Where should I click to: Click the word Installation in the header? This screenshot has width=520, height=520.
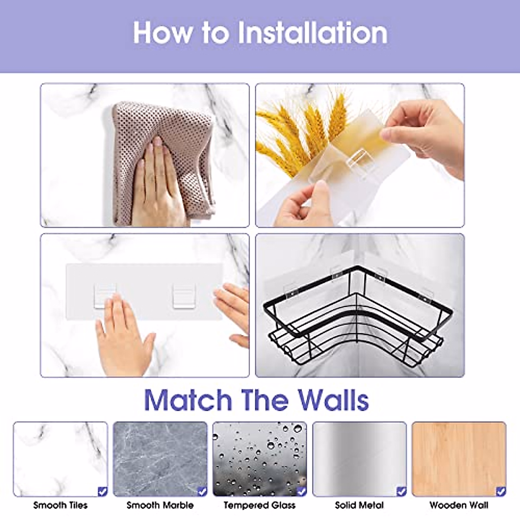tap(312, 33)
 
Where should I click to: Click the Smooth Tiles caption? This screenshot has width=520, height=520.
tap(60, 505)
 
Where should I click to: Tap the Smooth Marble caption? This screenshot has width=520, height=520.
tap(160, 505)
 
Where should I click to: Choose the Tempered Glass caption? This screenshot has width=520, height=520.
tap(260, 505)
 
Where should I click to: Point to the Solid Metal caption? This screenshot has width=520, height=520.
tap(359, 505)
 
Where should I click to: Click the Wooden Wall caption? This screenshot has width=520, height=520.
tap(459, 505)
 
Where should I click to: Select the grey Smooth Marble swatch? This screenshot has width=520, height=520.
tap(160, 459)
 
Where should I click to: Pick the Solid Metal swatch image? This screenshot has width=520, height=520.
tap(359, 459)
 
